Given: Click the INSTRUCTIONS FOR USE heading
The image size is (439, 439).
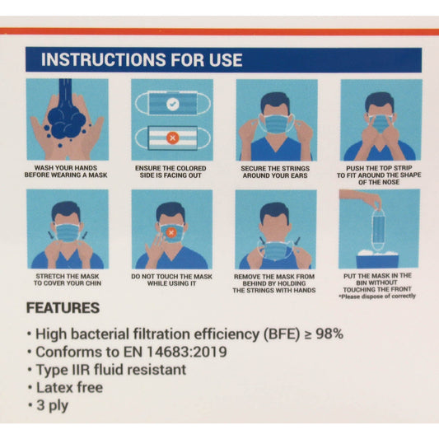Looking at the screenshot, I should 142,60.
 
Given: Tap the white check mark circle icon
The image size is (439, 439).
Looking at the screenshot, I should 171,105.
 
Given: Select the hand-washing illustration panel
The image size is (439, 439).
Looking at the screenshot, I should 67,119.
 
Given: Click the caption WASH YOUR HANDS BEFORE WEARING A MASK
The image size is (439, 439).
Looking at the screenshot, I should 67,170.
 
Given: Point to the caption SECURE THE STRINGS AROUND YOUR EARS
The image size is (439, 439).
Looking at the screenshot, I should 277,170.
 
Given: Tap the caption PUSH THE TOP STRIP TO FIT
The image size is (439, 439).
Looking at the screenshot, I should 380,174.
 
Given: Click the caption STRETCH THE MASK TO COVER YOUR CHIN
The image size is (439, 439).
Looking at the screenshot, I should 67,278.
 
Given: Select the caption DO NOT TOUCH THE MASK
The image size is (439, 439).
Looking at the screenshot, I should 171,278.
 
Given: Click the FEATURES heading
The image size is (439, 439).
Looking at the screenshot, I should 63,309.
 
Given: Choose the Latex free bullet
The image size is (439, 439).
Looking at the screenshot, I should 69,386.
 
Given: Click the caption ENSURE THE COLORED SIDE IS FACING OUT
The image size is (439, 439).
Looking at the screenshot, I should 171,170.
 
